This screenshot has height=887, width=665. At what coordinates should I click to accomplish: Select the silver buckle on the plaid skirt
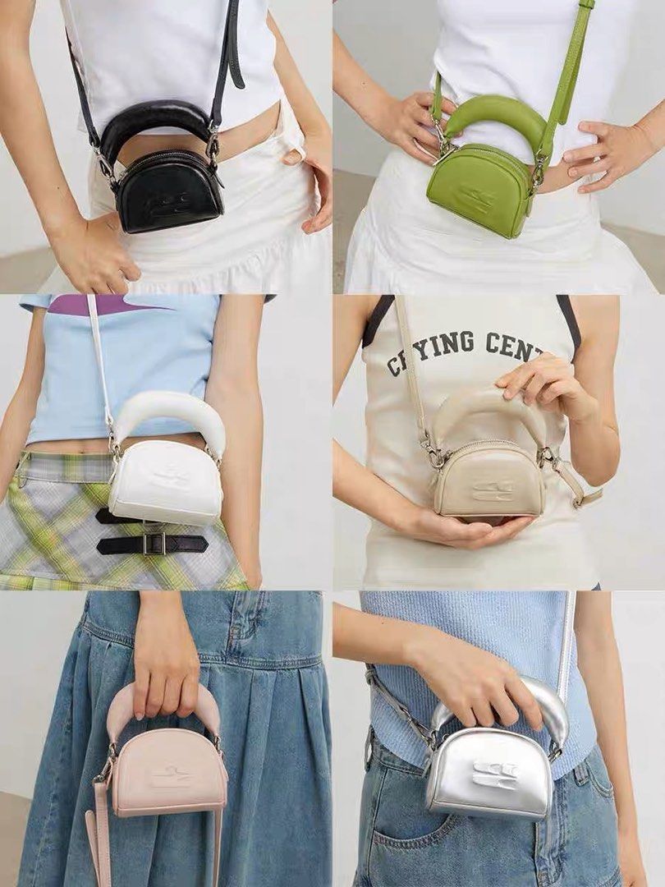pyautogui.click(x=150, y=543)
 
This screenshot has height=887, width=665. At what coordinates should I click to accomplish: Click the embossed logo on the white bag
pyautogui.click(x=171, y=479)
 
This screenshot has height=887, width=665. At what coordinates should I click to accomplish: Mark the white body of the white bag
pyautogui.click(x=164, y=493)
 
